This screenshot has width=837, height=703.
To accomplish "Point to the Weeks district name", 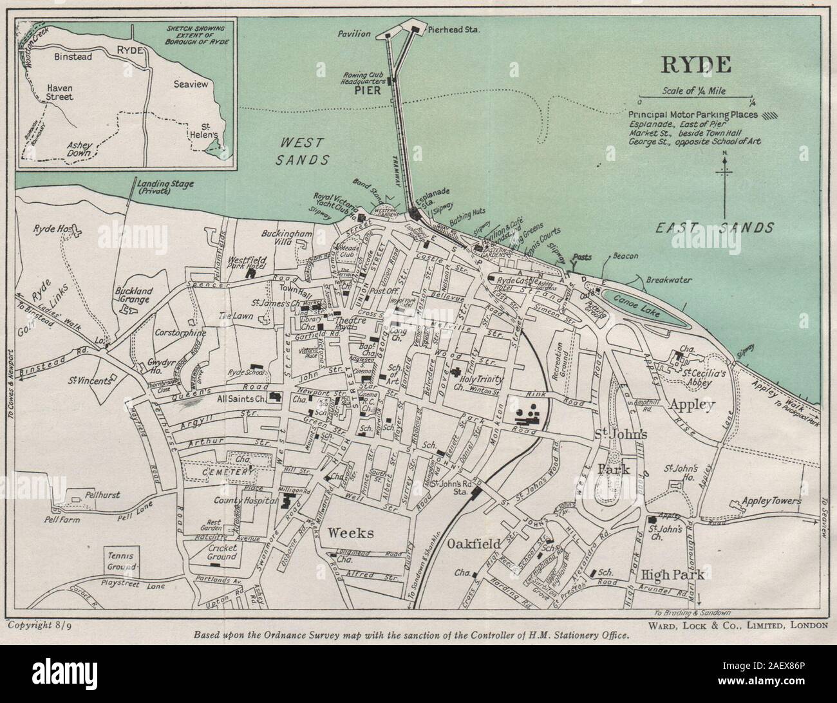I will pyautogui.click(x=351, y=532).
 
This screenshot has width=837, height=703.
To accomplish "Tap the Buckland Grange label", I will pyautogui.click(x=133, y=294).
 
